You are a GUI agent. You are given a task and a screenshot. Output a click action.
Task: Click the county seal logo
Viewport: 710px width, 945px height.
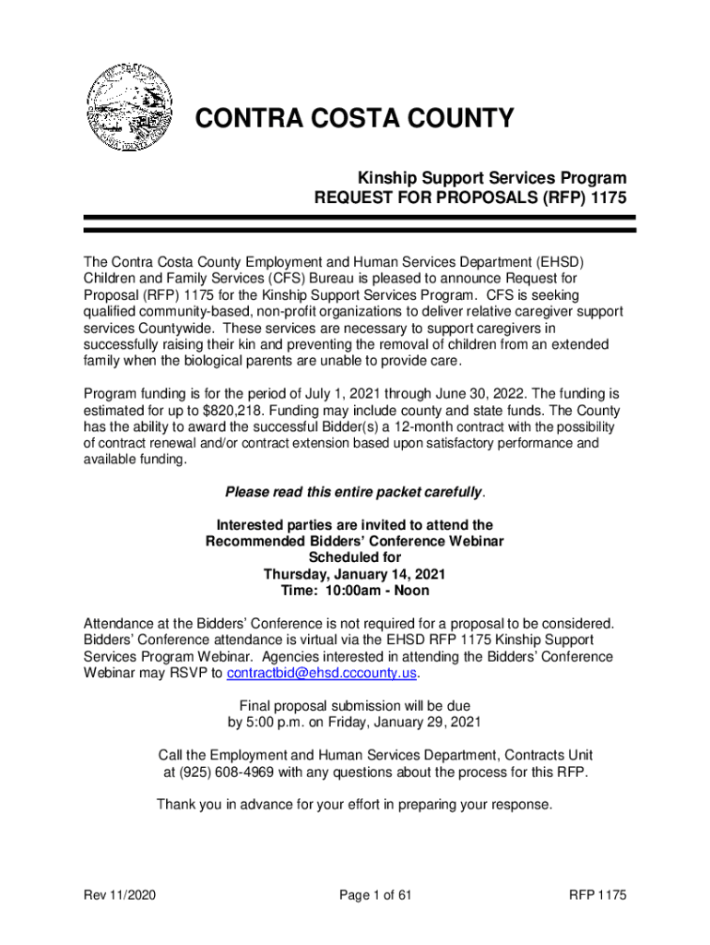[129, 109]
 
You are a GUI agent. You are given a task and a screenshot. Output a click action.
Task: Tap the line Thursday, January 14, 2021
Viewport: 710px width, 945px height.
[355, 574]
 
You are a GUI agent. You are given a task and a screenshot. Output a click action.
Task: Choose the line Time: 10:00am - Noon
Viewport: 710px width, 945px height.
[355, 591]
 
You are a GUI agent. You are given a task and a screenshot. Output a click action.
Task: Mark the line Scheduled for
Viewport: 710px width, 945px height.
[355, 557]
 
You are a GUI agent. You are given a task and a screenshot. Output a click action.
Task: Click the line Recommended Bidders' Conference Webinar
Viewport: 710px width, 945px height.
[355, 541]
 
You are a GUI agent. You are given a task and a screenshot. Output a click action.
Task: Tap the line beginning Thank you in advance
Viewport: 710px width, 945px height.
[355, 804]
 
